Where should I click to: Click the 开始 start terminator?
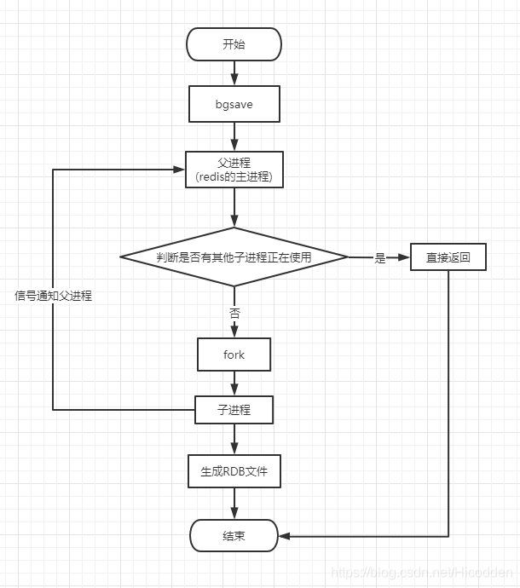pyautogui.click(x=234, y=45)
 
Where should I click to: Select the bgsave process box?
pyautogui.click(x=234, y=104)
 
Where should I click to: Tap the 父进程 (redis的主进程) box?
pyautogui.click(x=234, y=170)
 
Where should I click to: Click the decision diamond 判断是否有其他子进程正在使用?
pyautogui.click(x=234, y=257)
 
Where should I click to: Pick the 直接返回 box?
pyautogui.click(x=448, y=257)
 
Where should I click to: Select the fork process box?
pyautogui.click(x=234, y=355)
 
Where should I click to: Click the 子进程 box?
pyautogui.click(x=234, y=410)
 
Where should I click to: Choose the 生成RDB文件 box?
pyautogui.click(x=234, y=470)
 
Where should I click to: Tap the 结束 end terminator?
pyautogui.click(x=234, y=536)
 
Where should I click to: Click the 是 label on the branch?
pyautogui.click(x=380, y=257)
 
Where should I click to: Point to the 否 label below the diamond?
pyautogui.click(x=234, y=313)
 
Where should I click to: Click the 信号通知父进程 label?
pyautogui.click(x=53, y=296)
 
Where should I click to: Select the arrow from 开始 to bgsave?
pyautogui.click(x=234, y=73)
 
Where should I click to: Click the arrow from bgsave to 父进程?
pyautogui.click(x=234, y=136)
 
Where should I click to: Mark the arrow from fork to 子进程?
pyautogui.click(x=234, y=383)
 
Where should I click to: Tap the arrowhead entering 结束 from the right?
pyautogui.click(x=284, y=536)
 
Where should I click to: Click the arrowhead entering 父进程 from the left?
pyautogui.click(x=180, y=170)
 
